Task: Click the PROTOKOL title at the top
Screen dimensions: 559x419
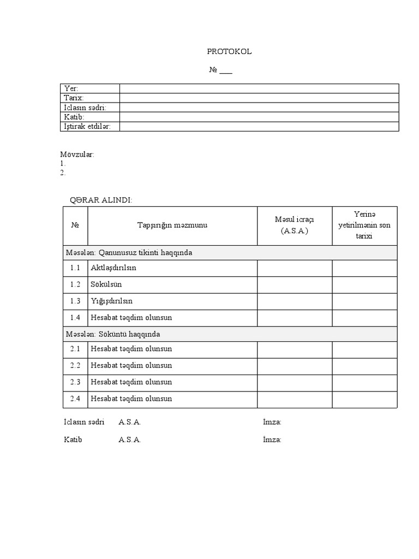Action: [229, 51]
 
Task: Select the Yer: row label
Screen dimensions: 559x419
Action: [71, 88]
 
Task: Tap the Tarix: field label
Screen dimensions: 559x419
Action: [74, 98]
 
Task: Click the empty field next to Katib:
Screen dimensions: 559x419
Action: [259, 117]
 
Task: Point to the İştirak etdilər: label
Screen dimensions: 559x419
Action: [87, 127]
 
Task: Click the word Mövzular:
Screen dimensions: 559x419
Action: [77, 154]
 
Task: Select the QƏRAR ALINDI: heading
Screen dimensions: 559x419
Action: [101, 200]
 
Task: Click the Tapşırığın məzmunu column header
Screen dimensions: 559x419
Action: [172, 225]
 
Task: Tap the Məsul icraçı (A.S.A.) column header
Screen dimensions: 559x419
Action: [295, 225]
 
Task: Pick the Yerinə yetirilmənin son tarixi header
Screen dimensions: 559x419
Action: [364, 225]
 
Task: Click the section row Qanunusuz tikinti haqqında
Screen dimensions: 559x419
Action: [129, 253]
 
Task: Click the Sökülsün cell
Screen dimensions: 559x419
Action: [106, 284]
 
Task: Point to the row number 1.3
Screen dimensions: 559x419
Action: [75, 301]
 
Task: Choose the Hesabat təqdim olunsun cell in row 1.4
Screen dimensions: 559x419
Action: [131, 317]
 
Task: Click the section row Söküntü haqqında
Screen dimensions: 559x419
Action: [113, 334]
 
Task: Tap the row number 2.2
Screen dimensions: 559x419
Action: [75, 365]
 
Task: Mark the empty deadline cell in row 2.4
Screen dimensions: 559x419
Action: [364, 399]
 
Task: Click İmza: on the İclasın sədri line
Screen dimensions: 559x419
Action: [272, 422]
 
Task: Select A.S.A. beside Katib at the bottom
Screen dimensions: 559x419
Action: [130, 439]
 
